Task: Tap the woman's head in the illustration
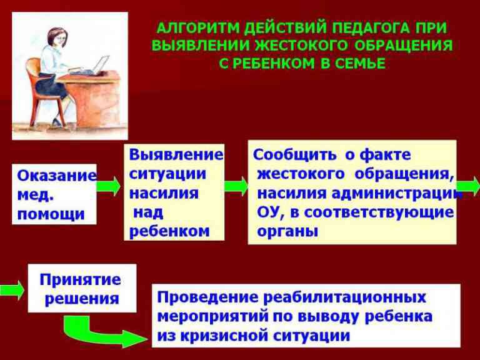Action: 57,37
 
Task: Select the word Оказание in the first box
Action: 57,176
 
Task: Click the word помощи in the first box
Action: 51,214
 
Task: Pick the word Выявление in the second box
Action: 176,154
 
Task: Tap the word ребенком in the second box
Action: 169,231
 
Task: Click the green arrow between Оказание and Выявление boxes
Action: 109,186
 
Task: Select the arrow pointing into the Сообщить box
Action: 236,186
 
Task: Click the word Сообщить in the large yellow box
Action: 294,155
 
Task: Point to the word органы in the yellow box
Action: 287,232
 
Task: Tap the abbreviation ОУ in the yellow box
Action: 268,212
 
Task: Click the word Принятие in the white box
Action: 81,280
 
